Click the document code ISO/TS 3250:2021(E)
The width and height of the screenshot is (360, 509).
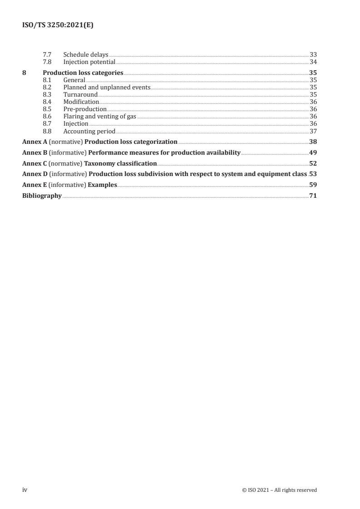click(x=58, y=26)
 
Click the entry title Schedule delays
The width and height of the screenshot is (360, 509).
click(x=86, y=55)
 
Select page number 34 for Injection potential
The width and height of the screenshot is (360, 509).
click(x=313, y=62)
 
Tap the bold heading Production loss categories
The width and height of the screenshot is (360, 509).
click(x=83, y=73)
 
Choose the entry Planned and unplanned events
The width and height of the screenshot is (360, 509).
click(x=107, y=87)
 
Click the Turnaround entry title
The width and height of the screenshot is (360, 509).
click(x=80, y=94)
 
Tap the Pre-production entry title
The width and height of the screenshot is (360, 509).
click(x=85, y=109)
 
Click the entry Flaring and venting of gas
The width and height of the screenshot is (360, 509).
click(x=100, y=117)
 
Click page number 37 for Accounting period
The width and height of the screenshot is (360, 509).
click(x=313, y=131)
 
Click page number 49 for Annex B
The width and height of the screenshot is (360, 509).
click(x=313, y=152)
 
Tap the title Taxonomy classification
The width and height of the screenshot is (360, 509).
click(x=121, y=163)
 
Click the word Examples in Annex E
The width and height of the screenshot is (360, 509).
click(x=104, y=185)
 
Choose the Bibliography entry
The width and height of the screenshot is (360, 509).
click(x=42, y=196)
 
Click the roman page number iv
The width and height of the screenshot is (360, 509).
click(x=25, y=490)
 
